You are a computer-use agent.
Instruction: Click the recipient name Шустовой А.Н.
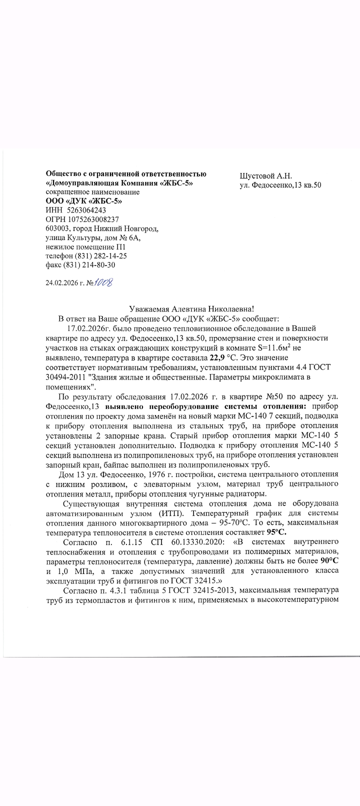[265, 175]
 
